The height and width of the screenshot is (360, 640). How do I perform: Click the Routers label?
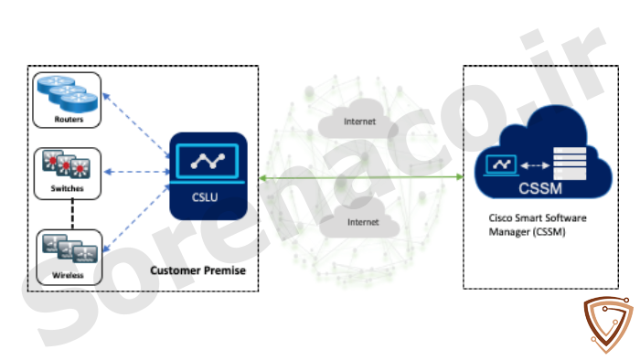[x=69, y=119]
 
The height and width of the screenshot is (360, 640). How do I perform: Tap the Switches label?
[x=67, y=188]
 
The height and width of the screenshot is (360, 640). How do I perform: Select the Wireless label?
[x=68, y=275]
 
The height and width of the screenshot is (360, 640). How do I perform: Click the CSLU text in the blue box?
[x=205, y=197]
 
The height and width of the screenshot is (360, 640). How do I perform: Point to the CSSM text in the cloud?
[x=540, y=188]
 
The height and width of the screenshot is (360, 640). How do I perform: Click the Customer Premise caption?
[x=198, y=270]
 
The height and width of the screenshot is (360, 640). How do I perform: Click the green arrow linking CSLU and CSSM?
[x=361, y=178]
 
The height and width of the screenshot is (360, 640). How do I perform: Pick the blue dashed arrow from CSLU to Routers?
[x=136, y=125]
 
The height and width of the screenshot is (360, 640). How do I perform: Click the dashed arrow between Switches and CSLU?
[x=137, y=172]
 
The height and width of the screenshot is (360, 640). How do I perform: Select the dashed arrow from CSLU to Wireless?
[x=136, y=218]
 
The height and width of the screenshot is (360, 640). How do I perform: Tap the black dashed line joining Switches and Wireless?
[x=72, y=214]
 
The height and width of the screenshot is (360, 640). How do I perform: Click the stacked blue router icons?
[x=68, y=94]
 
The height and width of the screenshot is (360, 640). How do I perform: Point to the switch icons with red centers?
[x=66, y=164]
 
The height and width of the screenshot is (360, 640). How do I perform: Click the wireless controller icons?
[x=69, y=248]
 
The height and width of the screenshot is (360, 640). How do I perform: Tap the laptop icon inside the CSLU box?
[x=208, y=163]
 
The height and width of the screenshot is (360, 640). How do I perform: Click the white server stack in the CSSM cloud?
[x=570, y=164]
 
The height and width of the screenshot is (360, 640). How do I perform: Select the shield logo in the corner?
[x=608, y=324]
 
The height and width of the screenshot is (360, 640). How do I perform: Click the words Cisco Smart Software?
[x=538, y=217]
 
